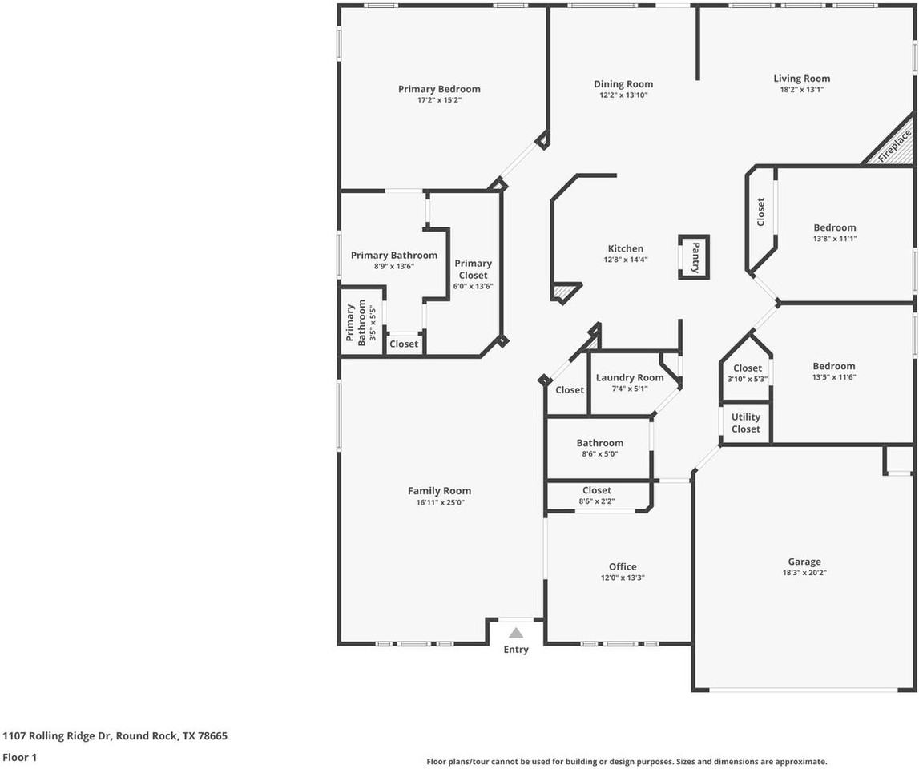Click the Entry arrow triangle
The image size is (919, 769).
[x=516, y=633]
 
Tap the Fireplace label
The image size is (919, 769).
[x=895, y=146]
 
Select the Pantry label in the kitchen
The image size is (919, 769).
[x=695, y=257]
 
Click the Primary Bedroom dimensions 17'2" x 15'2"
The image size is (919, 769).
[x=440, y=100]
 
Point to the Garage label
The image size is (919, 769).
[x=804, y=562]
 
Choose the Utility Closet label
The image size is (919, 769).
[x=745, y=423]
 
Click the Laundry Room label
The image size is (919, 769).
[x=630, y=377]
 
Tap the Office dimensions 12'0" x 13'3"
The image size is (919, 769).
[x=623, y=578]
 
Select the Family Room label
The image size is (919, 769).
[x=440, y=491]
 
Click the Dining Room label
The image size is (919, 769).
[x=623, y=84]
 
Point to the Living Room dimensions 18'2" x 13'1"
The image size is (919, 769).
[x=802, y=90]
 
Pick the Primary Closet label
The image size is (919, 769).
[x=473, y=269]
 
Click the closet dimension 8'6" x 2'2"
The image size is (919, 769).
[x=597, y=501]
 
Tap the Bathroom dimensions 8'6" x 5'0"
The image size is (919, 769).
[x=599, y=454]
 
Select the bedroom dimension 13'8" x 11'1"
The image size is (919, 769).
[x=835, y=239]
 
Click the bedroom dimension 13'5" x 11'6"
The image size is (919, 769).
[x=834, y=377]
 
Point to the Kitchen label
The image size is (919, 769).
[x=626, y=248]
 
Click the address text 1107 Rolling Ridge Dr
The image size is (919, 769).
[x=58, y=735]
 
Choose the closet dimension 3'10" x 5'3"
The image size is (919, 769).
[x=748, y=379]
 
